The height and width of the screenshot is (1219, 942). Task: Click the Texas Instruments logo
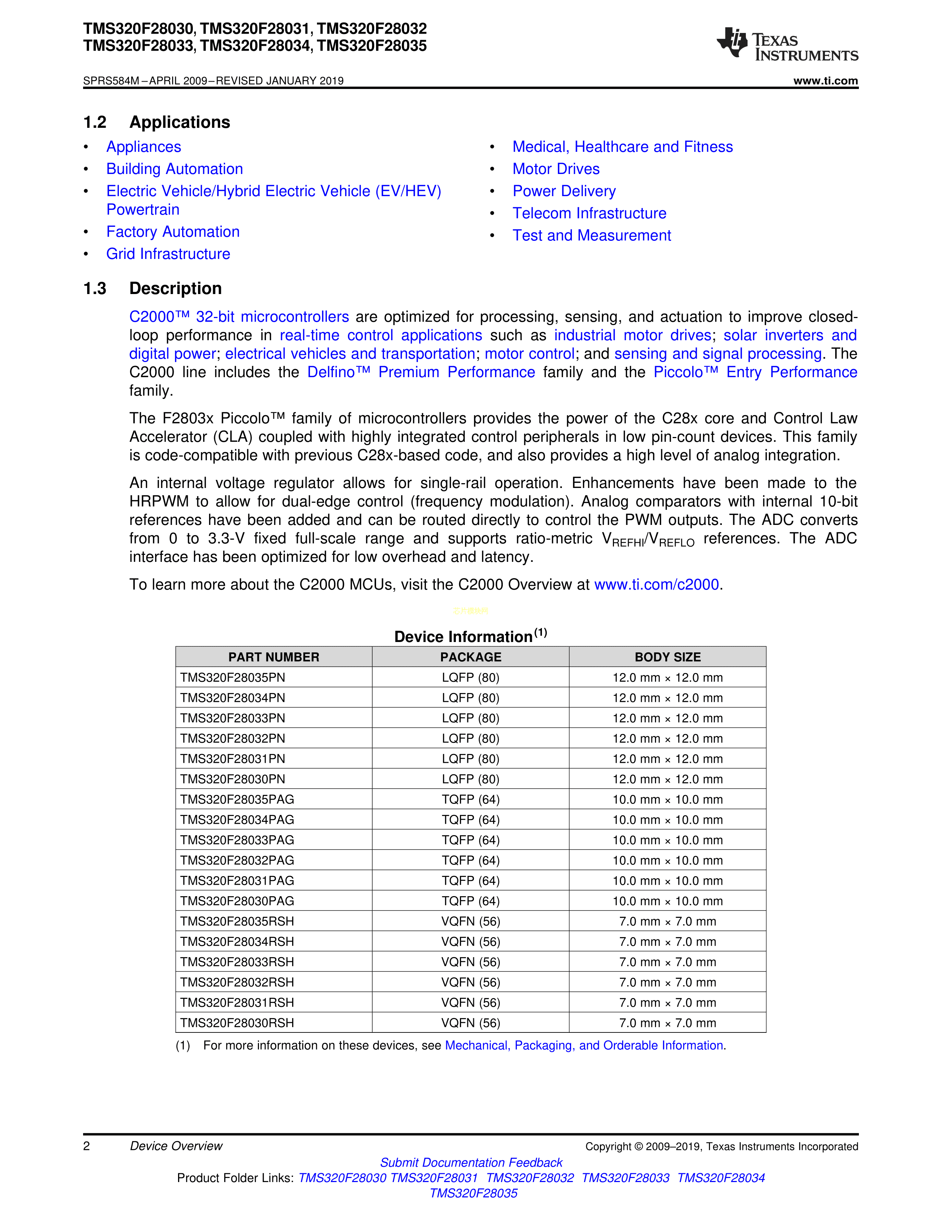(x=787, y=44)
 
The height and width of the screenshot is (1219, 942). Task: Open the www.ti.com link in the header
(x=825, y=81)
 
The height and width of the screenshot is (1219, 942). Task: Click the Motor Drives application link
(x=556, y=169)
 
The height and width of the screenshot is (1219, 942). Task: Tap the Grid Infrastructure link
(x=168, y=254)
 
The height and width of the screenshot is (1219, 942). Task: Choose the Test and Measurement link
(x=591, y=236)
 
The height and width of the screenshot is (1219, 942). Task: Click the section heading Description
(x=175, y=288)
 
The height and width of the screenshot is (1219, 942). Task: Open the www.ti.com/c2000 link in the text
(x=656, y=584)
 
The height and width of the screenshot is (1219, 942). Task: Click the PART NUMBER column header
(x=273, y=657)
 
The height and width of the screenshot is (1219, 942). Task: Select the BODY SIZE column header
(x=668, y=657)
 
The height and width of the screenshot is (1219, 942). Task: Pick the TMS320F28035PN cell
(x=233, y=677)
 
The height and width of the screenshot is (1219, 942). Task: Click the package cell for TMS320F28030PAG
(x=470, y=901)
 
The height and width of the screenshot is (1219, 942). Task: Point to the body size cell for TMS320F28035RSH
(x=668, y=922)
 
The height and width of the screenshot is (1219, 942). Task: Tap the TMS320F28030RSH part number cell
(x=237, y=1023)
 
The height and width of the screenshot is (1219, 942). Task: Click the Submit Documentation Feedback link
(x=471, y=1162)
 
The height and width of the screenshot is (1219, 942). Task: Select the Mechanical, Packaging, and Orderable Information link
(x=584, y=1045)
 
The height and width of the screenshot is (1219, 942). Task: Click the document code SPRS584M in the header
(x=110, y=81)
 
